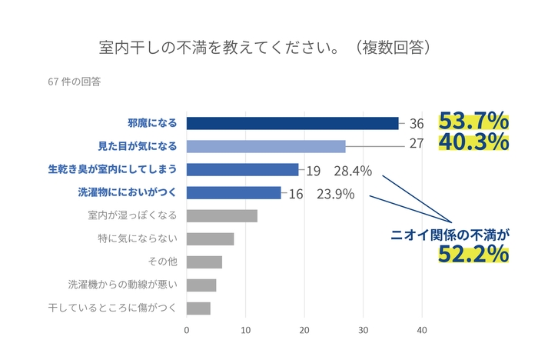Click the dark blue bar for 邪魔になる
click(293, 123)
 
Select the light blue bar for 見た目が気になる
click(266, 146)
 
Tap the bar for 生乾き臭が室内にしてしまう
click(243, 169)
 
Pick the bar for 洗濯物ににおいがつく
click(234, 192)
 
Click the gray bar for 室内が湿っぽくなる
click(222, 215)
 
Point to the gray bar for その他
click(204, 262)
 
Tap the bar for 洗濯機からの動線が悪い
click(201, 285)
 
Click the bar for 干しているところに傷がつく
click(198, 308)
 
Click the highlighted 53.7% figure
click(473, 122)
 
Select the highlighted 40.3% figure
click(473, 143)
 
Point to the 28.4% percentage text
click(352, 170)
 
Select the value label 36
click(417, 123)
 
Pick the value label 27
click(417, 143)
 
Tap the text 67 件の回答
click(75, 80)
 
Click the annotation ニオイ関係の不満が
click(453, 234)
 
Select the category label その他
click(163, 262)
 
